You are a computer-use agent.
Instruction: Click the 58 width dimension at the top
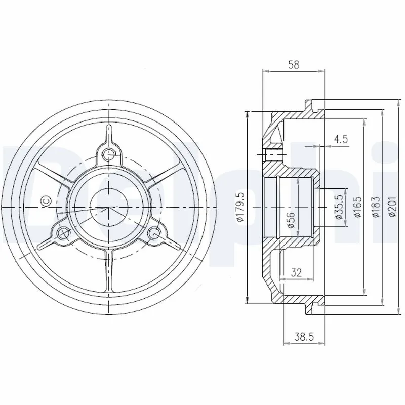293,64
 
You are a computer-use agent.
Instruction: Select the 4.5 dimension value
341,139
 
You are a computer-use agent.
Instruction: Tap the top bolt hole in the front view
108,154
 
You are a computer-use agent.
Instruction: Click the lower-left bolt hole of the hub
63,233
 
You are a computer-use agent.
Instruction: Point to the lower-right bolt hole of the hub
154,233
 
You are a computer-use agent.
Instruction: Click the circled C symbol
45,200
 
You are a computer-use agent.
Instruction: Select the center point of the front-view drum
108,208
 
